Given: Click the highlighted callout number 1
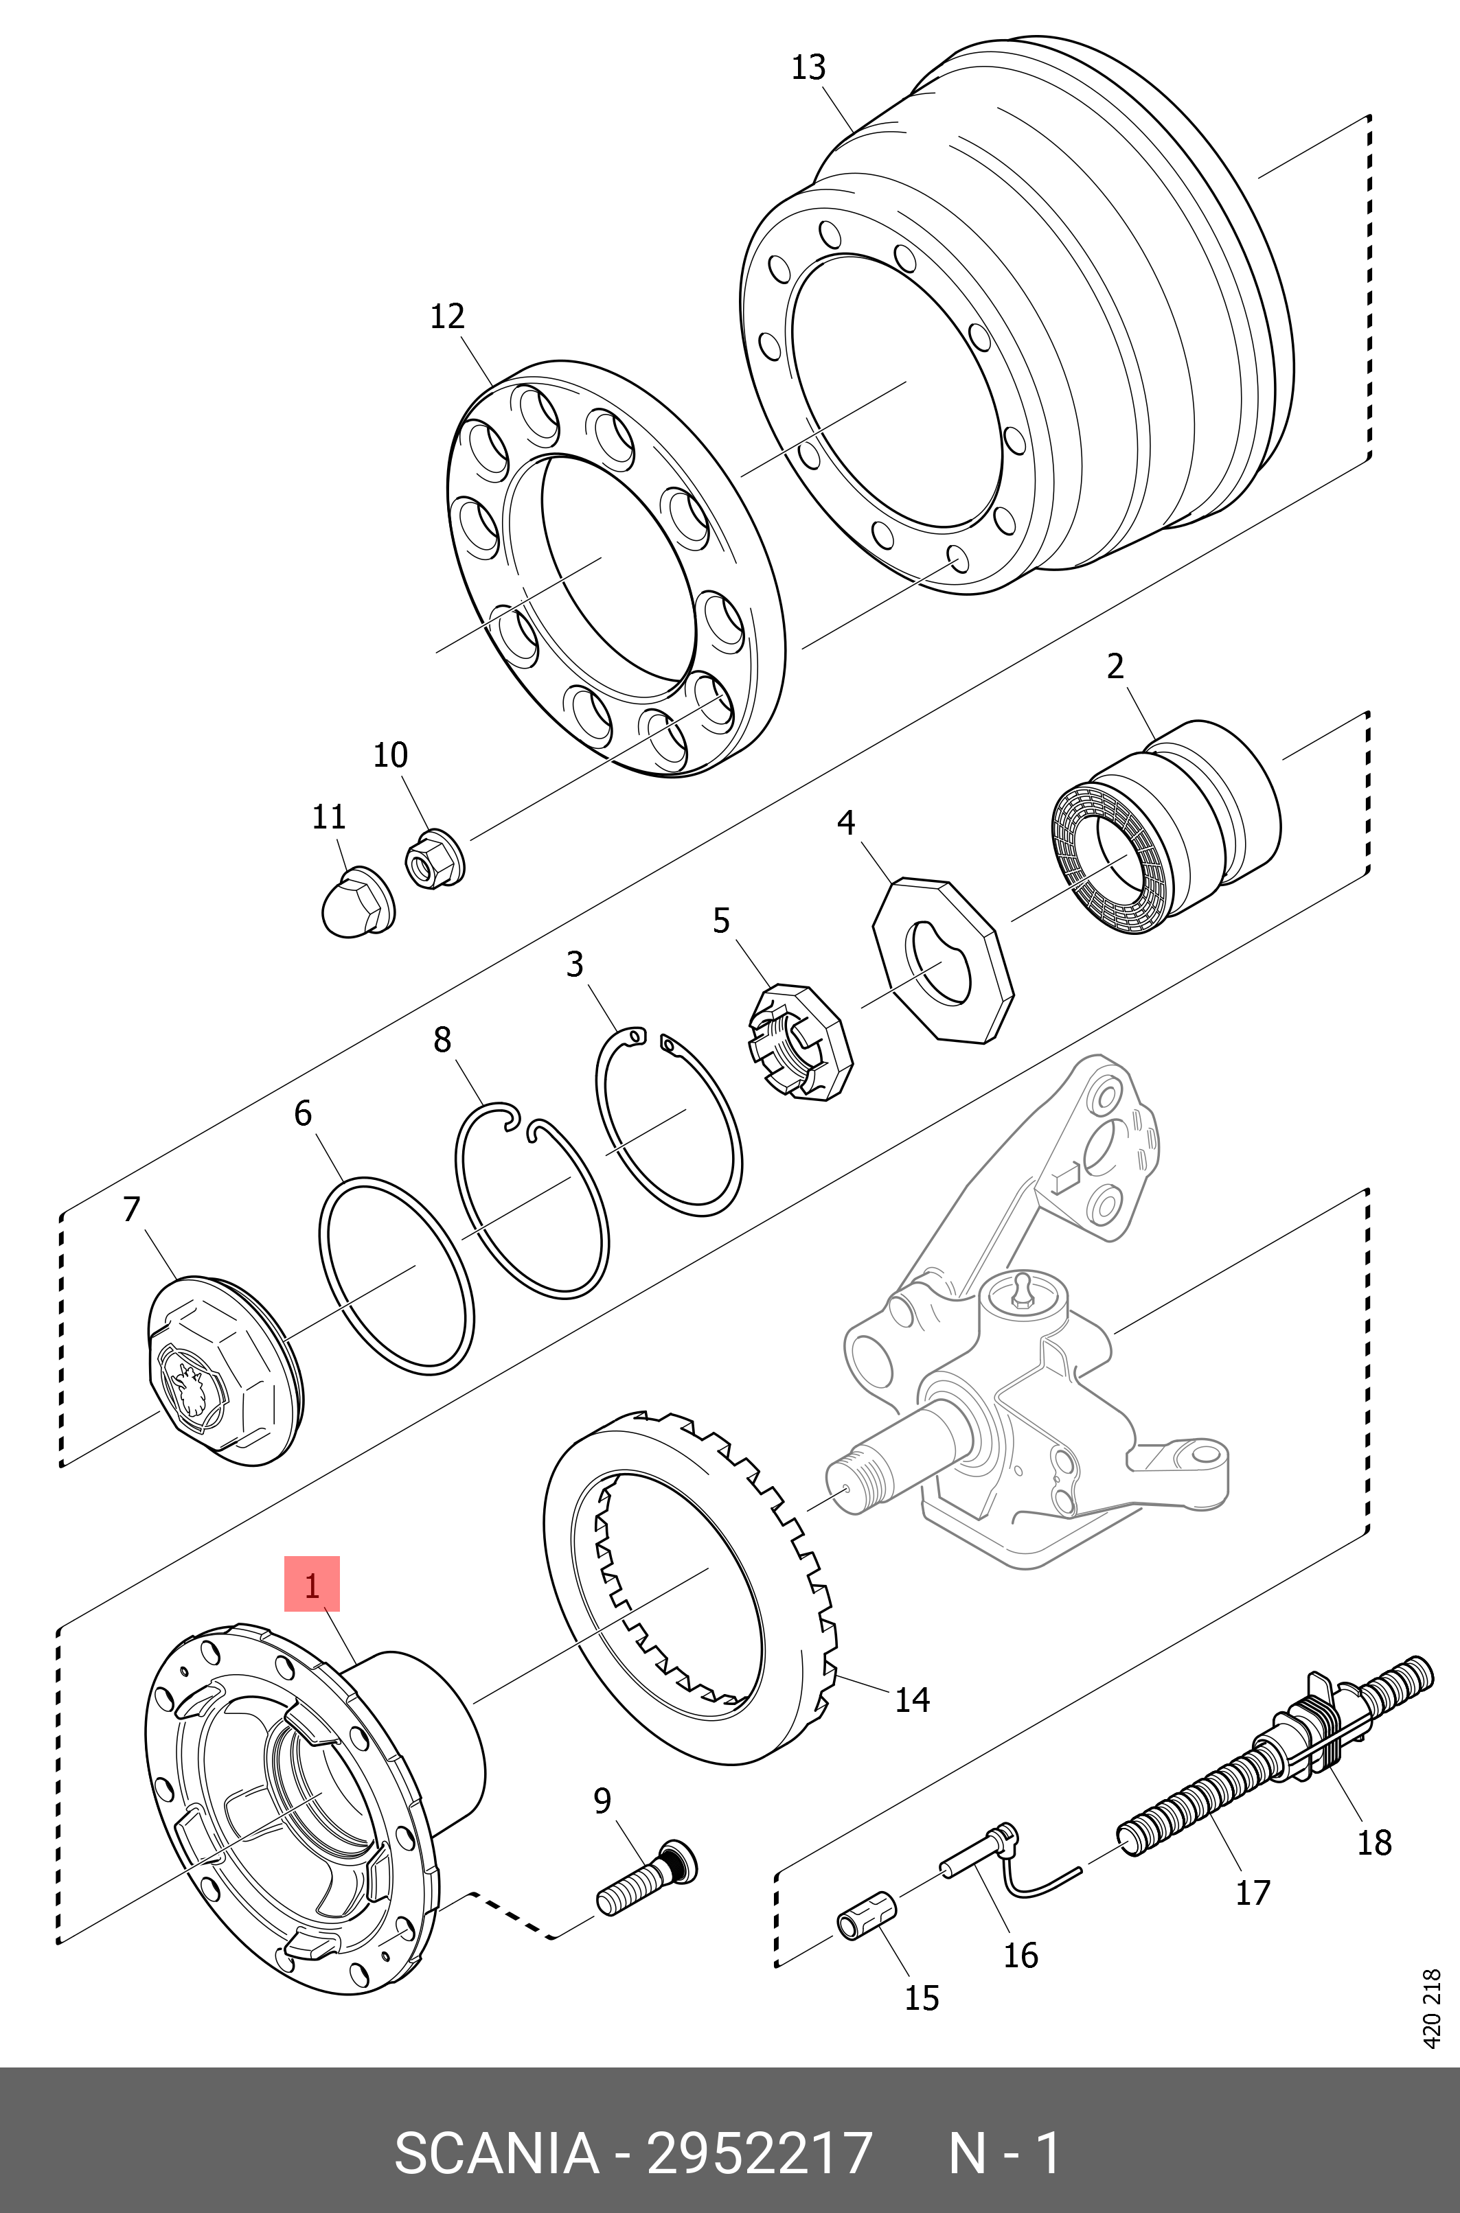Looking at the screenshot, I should (312, 1584).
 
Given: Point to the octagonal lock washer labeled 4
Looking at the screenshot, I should (942, 958).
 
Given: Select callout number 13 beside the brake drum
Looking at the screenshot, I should (808, 67).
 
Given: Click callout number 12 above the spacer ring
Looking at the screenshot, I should (447, 316).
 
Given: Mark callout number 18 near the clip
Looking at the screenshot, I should (1373, 1842).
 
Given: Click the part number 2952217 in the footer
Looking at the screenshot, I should (759, 2152).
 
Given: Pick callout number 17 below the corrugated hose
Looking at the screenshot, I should (1253, 1892).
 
